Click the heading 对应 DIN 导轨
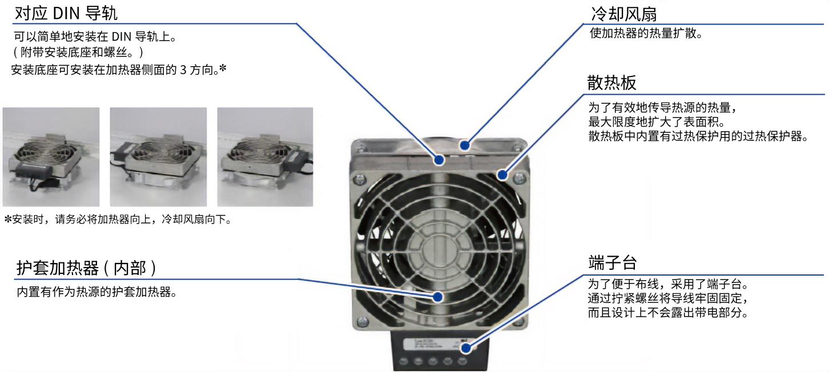click(x=66, y=13)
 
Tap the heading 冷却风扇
click(x=624, y=14)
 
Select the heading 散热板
click(x=611, y=83)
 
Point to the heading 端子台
click(x=613, y=262)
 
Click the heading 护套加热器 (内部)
click(x=86, y=268)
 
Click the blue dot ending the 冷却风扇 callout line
click(x=465, y=145)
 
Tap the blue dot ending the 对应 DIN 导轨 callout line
click(x=439, y=160)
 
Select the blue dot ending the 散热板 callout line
click(x=502, y=175)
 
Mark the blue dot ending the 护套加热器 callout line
click(x=438, y=297)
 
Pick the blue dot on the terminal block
click(x=466, y=347)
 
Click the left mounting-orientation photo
click(x=51, y=157)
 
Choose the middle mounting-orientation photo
click(x=158, y=157)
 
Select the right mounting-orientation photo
click(x=265, y=157)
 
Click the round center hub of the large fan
click(x=439, y=245)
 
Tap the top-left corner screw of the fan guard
click(x=359, y=180)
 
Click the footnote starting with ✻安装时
click(x=118, y=219)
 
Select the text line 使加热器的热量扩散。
click(x=646, y=33)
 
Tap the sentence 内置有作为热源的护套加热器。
click(x=96, y=292)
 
